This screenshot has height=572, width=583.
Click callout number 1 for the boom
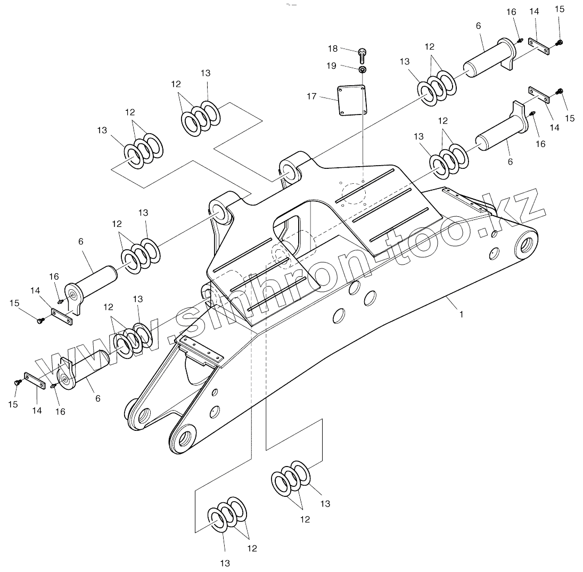click(461, 314)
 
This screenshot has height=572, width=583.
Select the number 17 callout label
click(326, 96)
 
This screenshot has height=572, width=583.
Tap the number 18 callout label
click(333, 48)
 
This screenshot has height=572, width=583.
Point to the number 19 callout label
click(331, 66)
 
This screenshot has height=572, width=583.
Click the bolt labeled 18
click(362, 53)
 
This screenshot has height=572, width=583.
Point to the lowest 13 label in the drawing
click(225, 562)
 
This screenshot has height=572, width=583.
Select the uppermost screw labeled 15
click(560, 43)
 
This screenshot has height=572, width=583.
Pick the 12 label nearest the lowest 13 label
click(252, 548)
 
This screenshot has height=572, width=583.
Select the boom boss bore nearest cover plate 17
click(290, 172)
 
